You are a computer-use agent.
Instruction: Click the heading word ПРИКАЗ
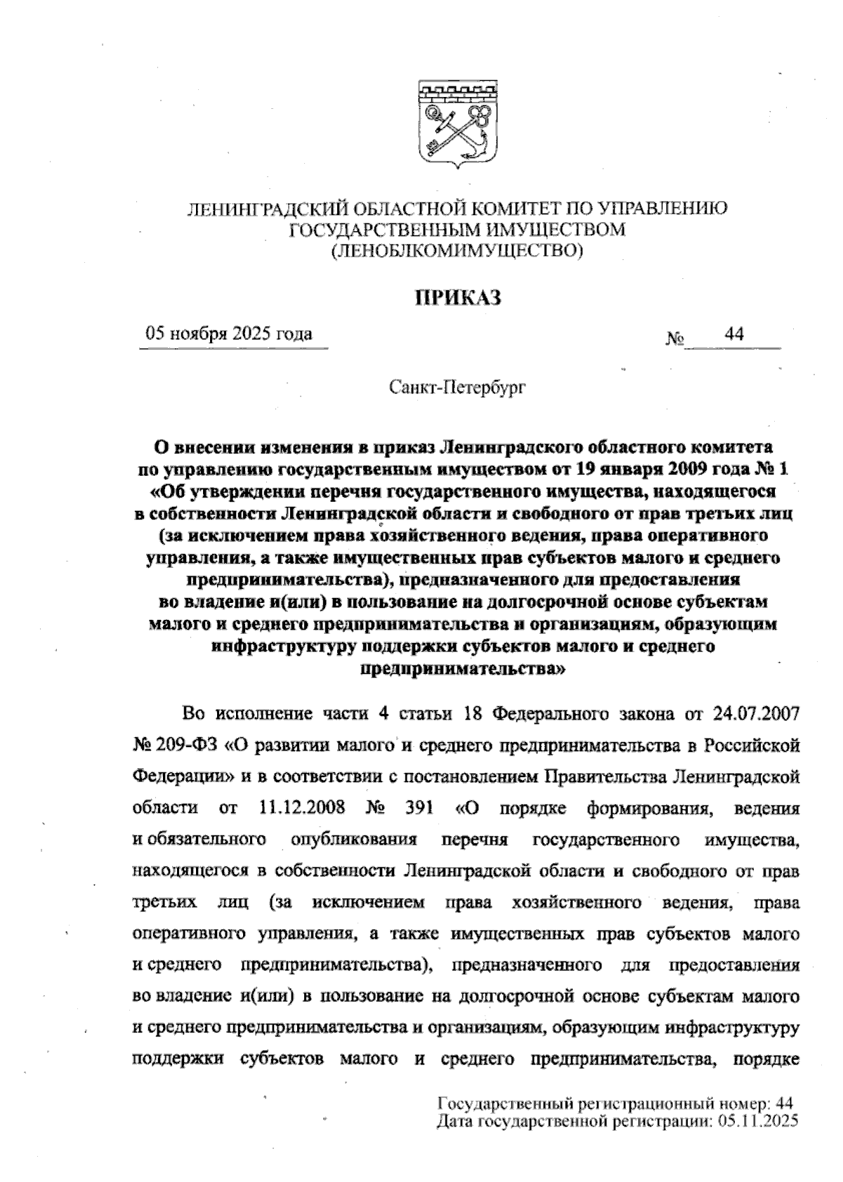(x=457, y=298)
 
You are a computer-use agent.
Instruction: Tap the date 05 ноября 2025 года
(x=229, y=334)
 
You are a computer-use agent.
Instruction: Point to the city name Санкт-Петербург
(x=457, y=387)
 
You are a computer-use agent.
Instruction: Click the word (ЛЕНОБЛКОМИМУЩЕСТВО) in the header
(x=457, y=249)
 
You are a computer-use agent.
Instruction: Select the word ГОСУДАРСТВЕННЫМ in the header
(x=374, y=229)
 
